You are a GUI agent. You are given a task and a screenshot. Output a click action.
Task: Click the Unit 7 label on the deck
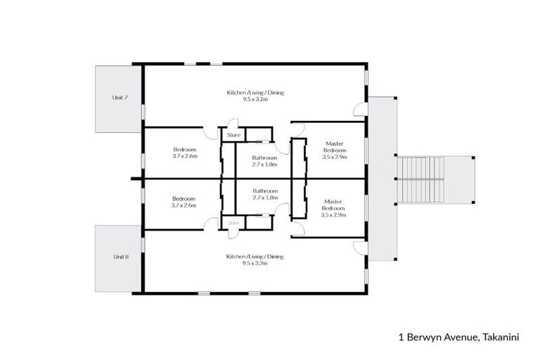(120, 97)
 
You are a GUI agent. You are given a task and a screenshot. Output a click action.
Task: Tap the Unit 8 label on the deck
(120, 257)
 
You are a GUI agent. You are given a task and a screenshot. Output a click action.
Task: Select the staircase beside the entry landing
(422, 179)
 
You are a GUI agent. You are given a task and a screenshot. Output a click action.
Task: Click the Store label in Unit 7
(233, 134)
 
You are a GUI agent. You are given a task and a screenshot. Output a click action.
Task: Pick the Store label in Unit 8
(233, 223)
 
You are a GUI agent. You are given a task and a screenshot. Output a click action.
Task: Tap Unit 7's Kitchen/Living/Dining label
(255, 93)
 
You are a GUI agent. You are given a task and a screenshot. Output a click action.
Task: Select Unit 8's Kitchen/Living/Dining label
(255, 257)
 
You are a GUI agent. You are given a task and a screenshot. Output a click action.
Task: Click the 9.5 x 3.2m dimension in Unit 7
(255, 101)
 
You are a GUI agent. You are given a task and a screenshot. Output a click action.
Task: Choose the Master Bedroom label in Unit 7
(334, 147)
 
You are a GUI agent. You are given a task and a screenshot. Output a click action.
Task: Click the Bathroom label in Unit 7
(264, 158)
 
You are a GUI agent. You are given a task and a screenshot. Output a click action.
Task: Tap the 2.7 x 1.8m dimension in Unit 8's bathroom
(264, 198)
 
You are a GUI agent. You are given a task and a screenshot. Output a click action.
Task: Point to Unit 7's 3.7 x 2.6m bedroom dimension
(184, 157)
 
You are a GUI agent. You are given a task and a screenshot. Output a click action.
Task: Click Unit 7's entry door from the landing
(360, 110)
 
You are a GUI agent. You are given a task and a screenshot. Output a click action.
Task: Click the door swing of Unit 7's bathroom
(283, 148)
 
